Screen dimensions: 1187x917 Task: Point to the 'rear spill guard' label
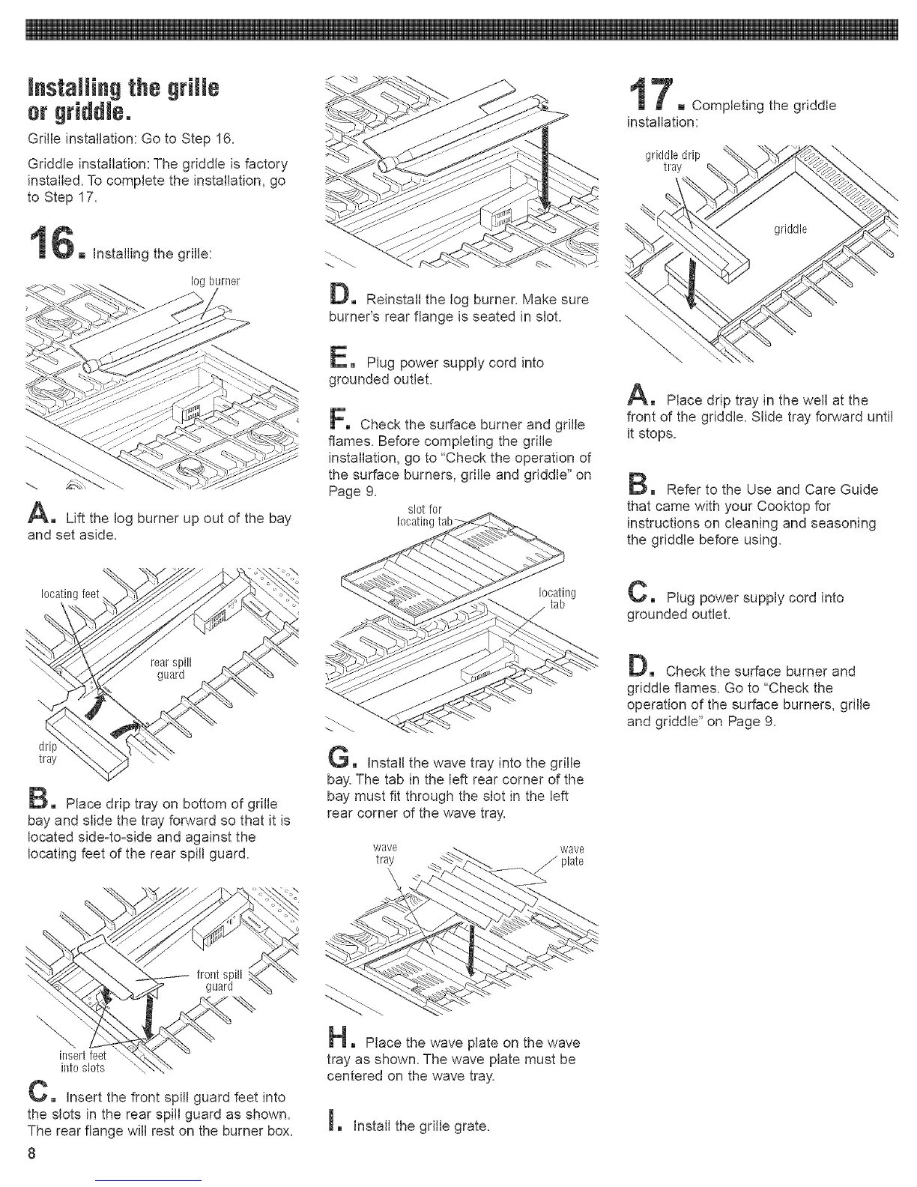(x=172, y=667)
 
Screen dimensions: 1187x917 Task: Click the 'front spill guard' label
(x=219, y=980)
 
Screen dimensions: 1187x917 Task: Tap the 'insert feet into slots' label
(x=82, y=1062)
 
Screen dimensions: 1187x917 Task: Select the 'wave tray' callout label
(x=384, y=854)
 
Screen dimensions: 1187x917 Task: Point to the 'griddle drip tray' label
(x=672, y=161)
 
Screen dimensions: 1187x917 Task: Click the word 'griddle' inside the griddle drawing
(x=790, y=229)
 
